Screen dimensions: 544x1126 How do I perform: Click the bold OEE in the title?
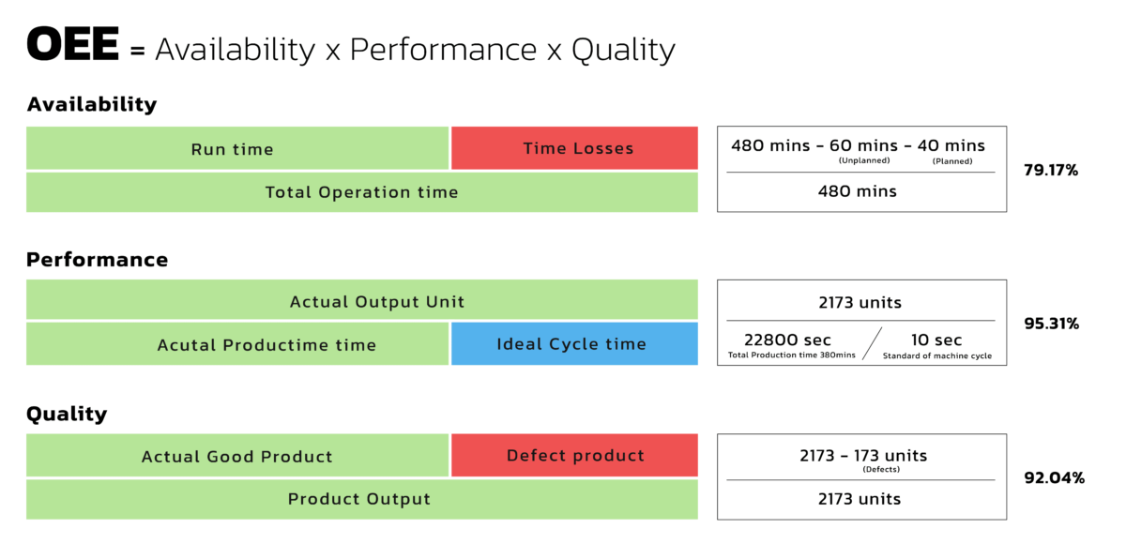pos(73,45)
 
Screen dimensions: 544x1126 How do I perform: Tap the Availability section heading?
pos(92,104)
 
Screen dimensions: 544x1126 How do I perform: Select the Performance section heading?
pos(98,259)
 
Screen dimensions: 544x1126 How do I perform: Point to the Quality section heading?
pos(67,414)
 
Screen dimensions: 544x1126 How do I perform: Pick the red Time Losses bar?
pos(574,148)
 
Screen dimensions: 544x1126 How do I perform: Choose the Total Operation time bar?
pos(362,192)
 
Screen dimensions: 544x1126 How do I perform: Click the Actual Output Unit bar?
pos(362,301)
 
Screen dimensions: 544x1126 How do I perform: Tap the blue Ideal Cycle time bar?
pos(574,343)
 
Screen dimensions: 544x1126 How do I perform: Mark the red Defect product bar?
pos(574,456)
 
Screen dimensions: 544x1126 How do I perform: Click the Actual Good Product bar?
pos(237,457)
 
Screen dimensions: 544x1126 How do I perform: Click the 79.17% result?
pos(1051,171)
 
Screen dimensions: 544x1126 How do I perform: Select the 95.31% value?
pos(1051,324)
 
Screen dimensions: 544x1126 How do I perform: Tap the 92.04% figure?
pos(1054,477)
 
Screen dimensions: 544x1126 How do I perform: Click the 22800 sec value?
pos(787,340)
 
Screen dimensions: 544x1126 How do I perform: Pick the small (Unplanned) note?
pos(862,160)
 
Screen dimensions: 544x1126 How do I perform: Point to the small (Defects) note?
pos(880,469)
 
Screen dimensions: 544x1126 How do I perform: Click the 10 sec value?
pos(936,340)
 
